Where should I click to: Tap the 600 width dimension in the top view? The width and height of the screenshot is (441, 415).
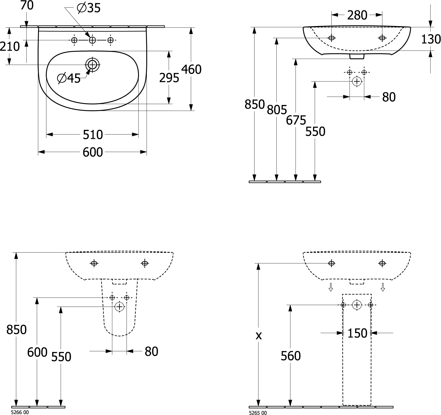93,152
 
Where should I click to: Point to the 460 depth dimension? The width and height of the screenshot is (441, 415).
191,70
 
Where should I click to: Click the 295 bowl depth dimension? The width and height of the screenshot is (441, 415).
169,78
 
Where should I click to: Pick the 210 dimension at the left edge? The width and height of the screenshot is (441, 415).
10,46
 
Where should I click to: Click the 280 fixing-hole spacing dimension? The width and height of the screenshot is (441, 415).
357,16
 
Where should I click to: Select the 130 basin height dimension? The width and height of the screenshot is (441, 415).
431,39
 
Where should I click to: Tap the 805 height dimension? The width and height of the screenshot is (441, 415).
277,110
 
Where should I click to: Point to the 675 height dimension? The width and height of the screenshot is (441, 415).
296,120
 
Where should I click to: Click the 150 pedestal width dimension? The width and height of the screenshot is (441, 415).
357,333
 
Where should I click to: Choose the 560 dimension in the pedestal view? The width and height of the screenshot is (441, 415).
291,356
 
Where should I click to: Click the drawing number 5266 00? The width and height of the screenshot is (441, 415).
20,412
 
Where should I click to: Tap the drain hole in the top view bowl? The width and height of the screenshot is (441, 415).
92,64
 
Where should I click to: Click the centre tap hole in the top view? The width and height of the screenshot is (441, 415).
92,40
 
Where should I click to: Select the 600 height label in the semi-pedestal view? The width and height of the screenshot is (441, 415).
37,352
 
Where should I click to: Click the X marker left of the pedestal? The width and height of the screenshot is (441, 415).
259,336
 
